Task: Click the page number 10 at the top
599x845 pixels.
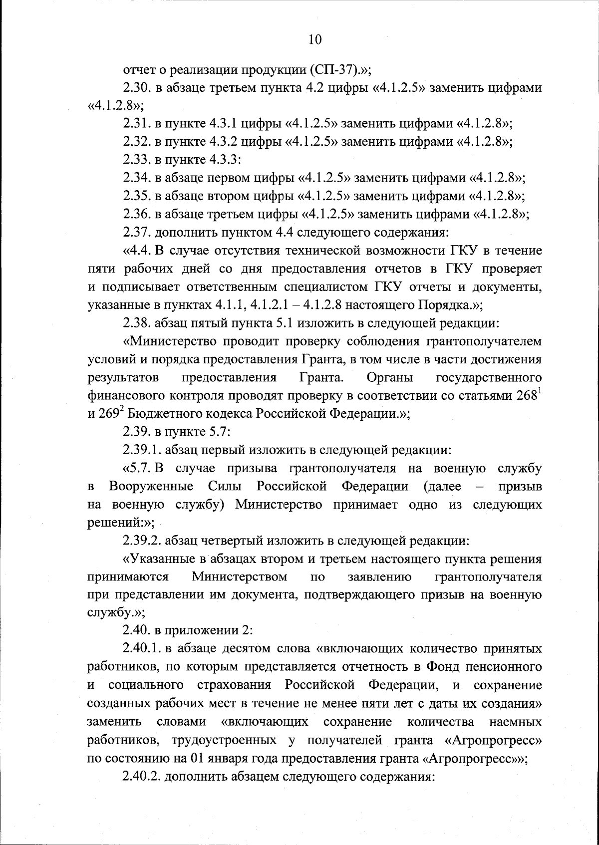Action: pos(315,39)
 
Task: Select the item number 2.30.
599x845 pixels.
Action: pos(137,88)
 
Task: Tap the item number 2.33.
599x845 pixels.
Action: pos(137,160)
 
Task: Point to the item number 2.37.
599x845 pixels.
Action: pos(137,232)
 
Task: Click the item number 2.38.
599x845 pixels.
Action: pos(137,322)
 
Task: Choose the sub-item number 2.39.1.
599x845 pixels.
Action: pos(142,450)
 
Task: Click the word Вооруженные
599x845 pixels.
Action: pos(151,486)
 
